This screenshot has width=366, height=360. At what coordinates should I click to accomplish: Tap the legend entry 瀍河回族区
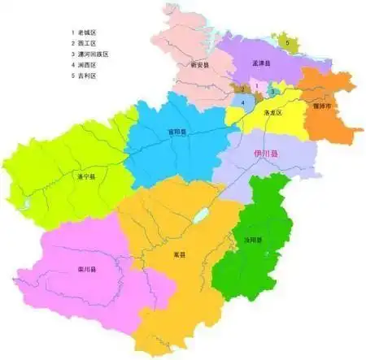(93, 54)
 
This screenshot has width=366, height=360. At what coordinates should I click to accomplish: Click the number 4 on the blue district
(242, 102)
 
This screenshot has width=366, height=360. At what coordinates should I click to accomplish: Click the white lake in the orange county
(198, 216)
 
